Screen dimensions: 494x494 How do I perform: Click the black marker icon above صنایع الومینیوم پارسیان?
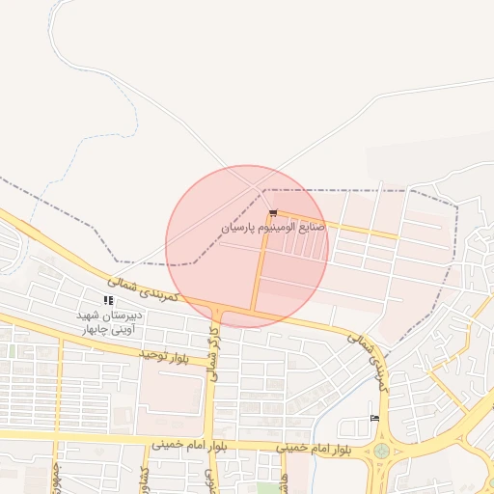[274, 213]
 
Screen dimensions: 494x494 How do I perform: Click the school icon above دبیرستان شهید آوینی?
[108, 301]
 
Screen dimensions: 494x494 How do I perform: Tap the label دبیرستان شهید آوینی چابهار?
[109, 321]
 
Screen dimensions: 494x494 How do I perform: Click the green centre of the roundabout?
[382, 450]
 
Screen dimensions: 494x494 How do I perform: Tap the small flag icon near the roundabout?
[373, 418]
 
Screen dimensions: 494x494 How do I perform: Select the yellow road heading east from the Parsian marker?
[338, 224]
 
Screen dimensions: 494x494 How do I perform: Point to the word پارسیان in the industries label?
[241, 230]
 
